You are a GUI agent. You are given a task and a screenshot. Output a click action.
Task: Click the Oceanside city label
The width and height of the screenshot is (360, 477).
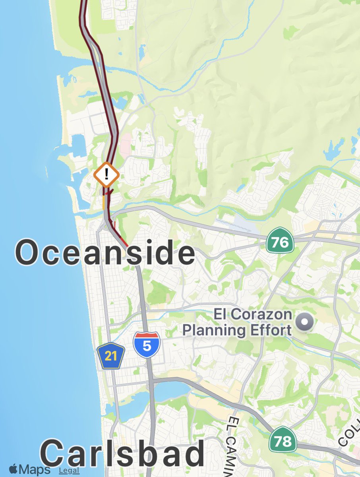pyautogui.click(x=105, y=253)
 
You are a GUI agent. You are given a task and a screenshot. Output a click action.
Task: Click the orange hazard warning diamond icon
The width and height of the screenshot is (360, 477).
pyautogui.click(x=106, y=174)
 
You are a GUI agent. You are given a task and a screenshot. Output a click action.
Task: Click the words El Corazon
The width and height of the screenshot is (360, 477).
pyautogui.click(x=253, y=314)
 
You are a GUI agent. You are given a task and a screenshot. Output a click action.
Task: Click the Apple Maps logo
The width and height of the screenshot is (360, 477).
pyautogui.click(x=29, y=469)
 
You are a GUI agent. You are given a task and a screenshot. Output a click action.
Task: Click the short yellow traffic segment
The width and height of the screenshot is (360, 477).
pyautogui.click(x=104, y=202)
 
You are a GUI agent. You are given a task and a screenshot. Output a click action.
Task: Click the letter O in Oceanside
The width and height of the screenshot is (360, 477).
pyautogui.click(x=28, y=253)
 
